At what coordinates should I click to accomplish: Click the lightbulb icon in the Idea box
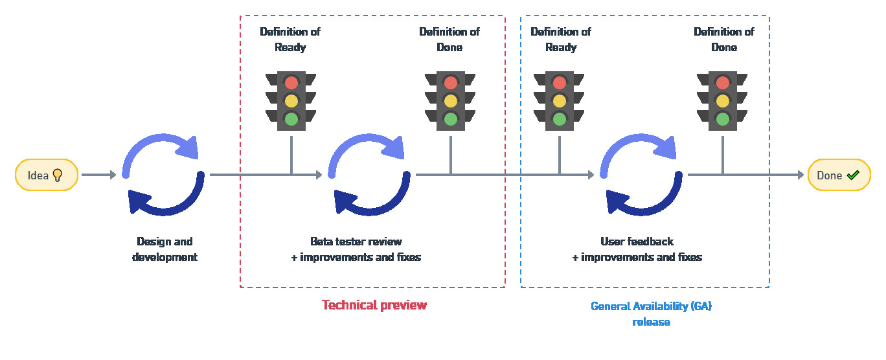point(57,175)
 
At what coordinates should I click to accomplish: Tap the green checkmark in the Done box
point(853,175)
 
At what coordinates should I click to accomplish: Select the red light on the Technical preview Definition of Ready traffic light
point(291,83)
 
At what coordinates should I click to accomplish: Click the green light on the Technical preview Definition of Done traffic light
point(451,119)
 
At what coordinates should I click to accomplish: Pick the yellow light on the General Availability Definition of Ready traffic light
point(560,101)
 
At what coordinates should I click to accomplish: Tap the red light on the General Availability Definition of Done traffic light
point(723,83)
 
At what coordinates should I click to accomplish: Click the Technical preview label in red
point(374,305)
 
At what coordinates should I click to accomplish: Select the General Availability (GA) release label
point(651,314)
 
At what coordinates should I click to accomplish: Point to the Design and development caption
point(165,249)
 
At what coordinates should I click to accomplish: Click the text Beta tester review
point(356,242)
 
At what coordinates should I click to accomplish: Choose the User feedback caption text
point(637,242)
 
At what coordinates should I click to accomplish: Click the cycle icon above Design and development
point(164,175)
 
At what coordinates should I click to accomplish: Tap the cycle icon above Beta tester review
point(369,175)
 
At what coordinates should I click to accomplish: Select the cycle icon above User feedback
point(641,175)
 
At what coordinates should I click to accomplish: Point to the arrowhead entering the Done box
point(799,175)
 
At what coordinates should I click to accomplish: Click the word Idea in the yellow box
point(38,175)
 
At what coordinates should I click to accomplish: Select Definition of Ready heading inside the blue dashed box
point(560,39)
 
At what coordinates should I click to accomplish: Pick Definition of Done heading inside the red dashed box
point(449,39)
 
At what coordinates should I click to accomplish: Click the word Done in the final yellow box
point(829,175)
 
